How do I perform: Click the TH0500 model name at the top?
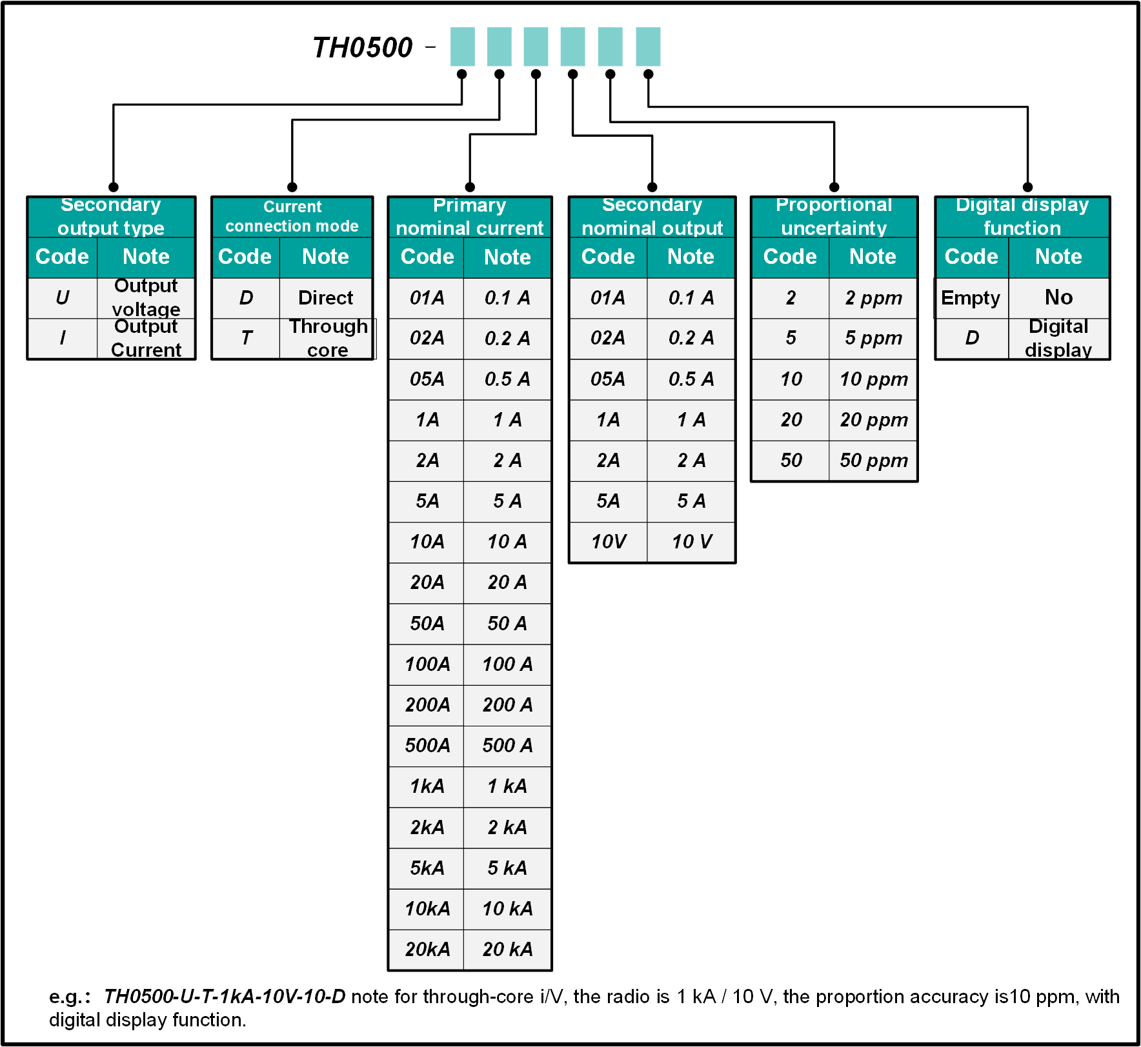point(362,47)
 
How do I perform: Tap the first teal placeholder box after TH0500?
point(462,46)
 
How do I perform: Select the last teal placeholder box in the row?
point(648,46)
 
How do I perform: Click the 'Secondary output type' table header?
point(111,217)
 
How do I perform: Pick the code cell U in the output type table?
point(63,298)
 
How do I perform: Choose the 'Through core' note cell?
point(327,338)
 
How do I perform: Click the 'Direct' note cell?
point(326,298)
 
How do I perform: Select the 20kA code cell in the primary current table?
point(427,949)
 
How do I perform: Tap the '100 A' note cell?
point(507,664)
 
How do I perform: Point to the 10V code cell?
point(609,542)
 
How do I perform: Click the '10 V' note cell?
point(691,542)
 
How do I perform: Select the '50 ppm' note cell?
point(873,461)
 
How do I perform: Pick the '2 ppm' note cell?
point(873,298)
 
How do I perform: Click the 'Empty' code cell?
point(971,298)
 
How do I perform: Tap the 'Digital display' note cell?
point(1058,338)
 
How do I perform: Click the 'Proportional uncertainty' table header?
point(834,217)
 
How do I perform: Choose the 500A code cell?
point(427,746)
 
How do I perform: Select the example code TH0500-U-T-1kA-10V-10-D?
point(225,997)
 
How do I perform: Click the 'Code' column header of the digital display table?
point(971,257)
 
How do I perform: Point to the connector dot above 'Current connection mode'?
point(292,187)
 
